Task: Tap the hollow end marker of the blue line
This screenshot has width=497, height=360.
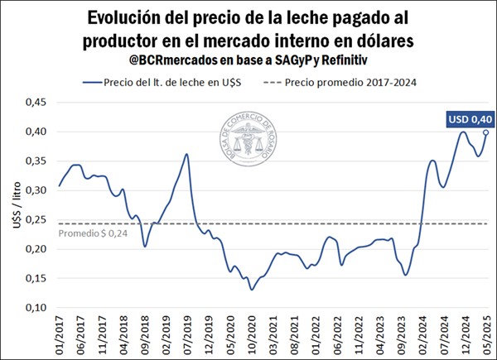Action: [x=485, y=132]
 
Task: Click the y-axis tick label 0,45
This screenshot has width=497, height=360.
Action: [x=35, y=103]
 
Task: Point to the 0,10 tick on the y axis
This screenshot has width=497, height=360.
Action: [x=35, y=308]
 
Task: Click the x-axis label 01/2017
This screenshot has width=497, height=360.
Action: [x=59, y=335]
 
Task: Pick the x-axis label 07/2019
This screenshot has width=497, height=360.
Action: [x=187, y=335]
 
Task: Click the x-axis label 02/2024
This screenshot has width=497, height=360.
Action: [x=422, y=335]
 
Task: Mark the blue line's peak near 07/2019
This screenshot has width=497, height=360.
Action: [x=187, y=154]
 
